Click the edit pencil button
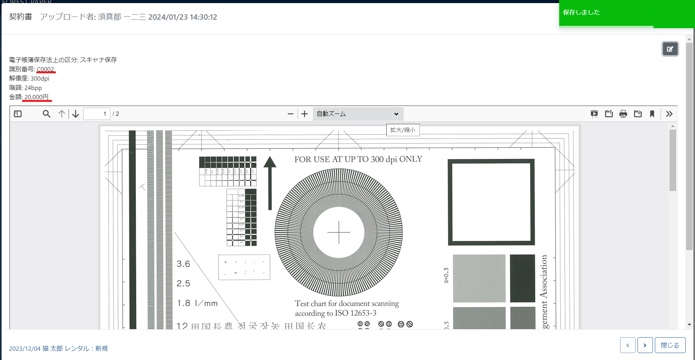(x=670, y=49)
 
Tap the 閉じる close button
(x=670, y=345)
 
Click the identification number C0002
(x=45, y=69)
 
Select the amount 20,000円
(x=36, y=97)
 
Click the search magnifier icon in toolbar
(x=47, y=114)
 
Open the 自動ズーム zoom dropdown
(x=358, y=114)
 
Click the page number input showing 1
(x=97, y=114)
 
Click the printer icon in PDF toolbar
(x=623, y=114)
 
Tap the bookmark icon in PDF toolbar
(x=652, y=114)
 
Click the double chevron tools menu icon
(x=669, y=114)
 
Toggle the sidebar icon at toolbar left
(x=18, y=114)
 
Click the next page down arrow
(x=76, y=114)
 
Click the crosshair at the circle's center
(x=339, y=233)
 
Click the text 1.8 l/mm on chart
(x=197, y=303)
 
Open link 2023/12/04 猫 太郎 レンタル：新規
(x=58, y=348)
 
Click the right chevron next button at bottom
(x=645, y=345)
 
